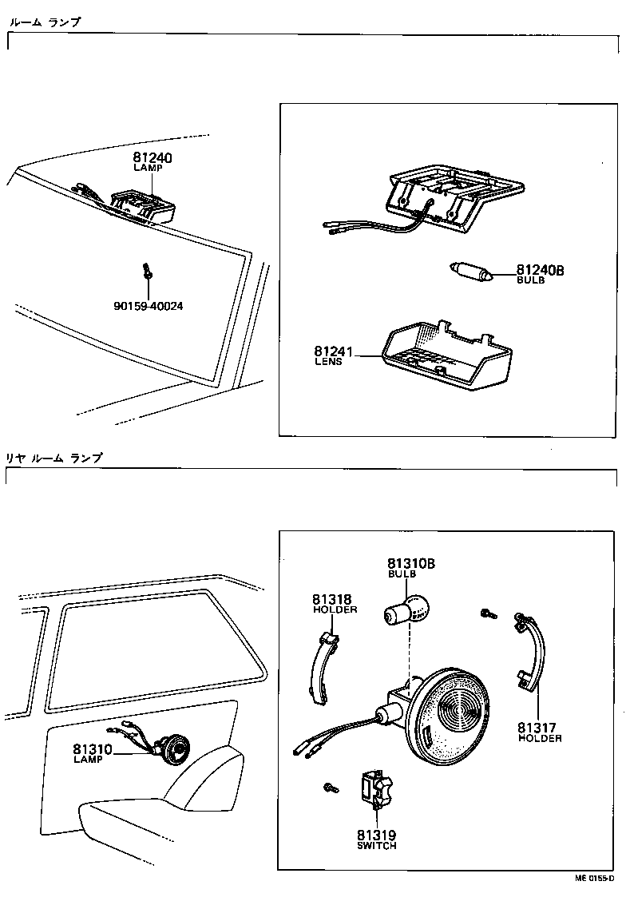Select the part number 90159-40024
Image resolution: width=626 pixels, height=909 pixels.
pyautogui.click(x=148, y=306)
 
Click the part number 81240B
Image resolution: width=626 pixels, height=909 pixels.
pyautogui.click(x=540, y=271)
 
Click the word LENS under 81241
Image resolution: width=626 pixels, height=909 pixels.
pyautogui.click(x=328, y=362)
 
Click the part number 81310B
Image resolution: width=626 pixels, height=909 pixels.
pyautogui.click(x=410, y=564)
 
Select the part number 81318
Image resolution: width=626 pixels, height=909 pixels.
pyautogui.click(x=331, y=599)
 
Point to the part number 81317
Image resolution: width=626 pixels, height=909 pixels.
pyautogui.click(x=537, y=728)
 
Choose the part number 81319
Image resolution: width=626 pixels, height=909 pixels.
pyautogui.click(x=377, y=835)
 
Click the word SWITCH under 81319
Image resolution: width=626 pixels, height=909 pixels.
pyautogui.click(x=377, y=845)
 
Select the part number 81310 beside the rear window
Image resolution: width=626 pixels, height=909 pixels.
pyautogui.click(x=93, y=749)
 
